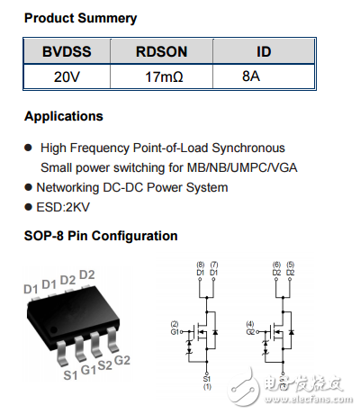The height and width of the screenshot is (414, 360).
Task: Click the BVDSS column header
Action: click(66, 53)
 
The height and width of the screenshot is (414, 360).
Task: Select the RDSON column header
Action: click(161, 53)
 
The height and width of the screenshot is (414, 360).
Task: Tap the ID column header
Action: click(264, 53)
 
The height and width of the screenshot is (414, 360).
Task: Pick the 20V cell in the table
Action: click(67, 77)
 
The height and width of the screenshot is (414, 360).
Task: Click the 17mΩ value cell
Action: click(163, 77)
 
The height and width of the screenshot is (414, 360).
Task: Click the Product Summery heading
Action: click(80, 18)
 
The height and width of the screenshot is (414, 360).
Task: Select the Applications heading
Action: click(63, 116)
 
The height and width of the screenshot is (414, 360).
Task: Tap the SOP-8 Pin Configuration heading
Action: click(101, 236)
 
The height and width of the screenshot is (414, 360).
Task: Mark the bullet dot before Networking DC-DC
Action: click(29, 187)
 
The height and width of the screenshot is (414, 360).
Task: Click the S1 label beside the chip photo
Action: click(70, 373)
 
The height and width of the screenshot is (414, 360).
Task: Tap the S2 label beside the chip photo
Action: click(105, 365)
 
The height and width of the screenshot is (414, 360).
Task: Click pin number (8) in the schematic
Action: click(200, 263)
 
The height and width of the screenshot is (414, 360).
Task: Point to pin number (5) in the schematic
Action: click(291, 263)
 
